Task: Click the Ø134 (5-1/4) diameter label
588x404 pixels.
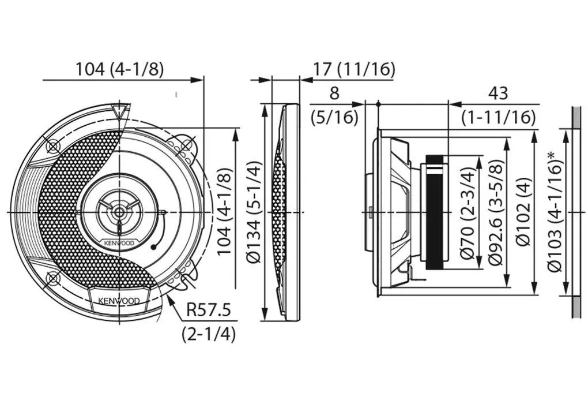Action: (254, 212)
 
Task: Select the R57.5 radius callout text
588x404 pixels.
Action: (209, 311)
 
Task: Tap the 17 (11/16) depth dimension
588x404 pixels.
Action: (354, 69)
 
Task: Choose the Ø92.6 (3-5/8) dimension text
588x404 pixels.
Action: (496, 212)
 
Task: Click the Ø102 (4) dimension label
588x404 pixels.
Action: (524, 212)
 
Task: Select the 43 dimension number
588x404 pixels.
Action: (498, 93)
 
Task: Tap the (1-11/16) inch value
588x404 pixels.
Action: (499, 118)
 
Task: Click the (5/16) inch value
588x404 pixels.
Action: (334, 118)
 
